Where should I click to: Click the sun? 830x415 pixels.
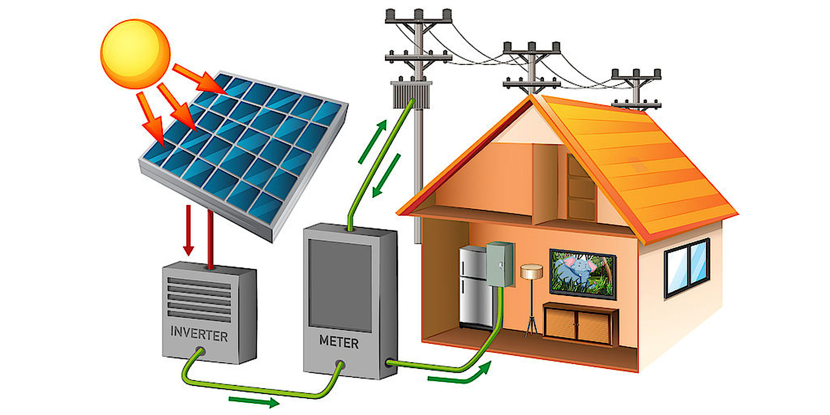[x=135, y=54]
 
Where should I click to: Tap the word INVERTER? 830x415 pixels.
[x=199, y=334]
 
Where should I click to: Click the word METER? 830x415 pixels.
[x=339, y=342]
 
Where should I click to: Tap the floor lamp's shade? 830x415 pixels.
[x=532, y=272]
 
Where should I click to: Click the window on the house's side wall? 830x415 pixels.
[x=687, y=268]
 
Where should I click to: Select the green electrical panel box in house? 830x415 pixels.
[x=500, y=264]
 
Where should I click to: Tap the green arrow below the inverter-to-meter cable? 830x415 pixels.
[x=253, y=401]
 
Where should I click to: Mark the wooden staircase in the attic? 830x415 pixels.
[x=581, y=191]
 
